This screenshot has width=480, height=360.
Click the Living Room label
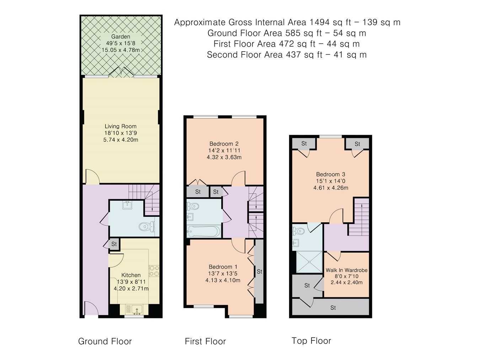[120, 126]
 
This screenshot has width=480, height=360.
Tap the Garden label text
[121, 37]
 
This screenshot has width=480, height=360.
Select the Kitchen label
[131, 275]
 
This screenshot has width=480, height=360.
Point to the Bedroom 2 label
[224, 144]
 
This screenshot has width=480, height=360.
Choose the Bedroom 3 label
[330, 175]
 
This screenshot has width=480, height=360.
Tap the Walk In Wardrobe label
[346, 270]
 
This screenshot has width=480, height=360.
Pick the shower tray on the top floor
[308, 262]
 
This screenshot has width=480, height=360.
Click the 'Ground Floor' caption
[105, 342]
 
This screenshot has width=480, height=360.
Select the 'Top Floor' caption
[311, 341]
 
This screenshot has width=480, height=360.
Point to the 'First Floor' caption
[205, 342]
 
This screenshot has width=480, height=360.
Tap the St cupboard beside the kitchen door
[114, 244]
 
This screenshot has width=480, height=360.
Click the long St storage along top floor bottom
[333, 308]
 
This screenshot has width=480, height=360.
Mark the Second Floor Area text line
[287, 55]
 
